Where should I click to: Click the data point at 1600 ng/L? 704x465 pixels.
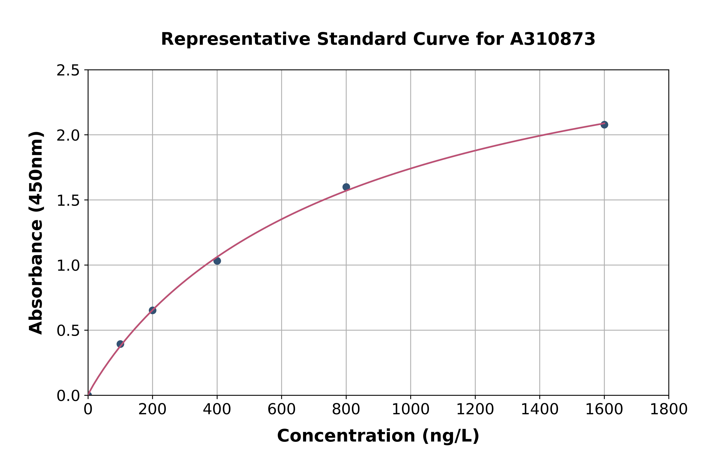(x=604, y=125)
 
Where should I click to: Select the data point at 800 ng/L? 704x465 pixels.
(x=346, y=187)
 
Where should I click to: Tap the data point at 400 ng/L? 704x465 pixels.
(x=217, y=261)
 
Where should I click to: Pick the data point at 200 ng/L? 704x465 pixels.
(x=153, y=310)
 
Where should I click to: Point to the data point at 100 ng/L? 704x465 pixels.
(x=120, y=344)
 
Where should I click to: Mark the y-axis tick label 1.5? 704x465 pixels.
(x=68, y=200)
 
